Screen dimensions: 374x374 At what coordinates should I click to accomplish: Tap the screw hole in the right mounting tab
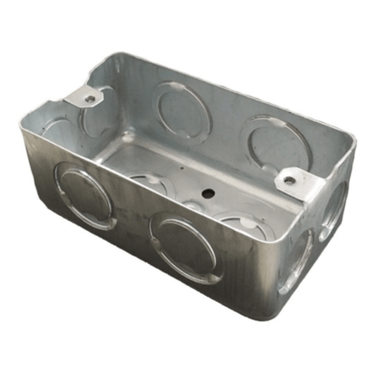[288, 180]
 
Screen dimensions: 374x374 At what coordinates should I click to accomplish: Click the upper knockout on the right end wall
[334, 209]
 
